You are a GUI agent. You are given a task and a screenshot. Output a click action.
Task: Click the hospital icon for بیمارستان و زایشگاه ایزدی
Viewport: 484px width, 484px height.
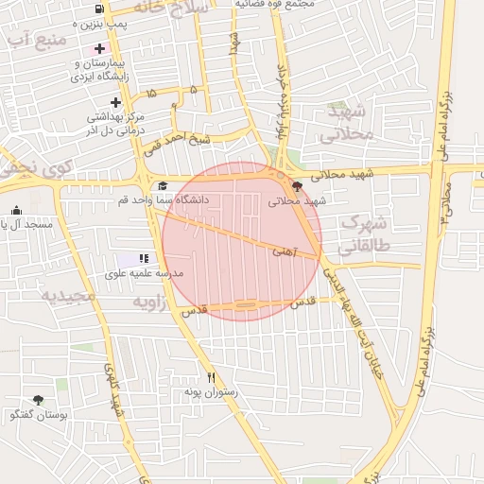tap(99, 48)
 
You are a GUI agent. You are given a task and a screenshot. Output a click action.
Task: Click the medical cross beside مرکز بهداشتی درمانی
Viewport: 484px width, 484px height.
tap(115, 102)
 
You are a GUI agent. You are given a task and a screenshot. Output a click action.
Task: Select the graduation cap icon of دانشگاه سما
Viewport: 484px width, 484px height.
tap(163, 186)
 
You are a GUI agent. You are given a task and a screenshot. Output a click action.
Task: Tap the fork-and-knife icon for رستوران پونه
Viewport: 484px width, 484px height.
tap(211, 377)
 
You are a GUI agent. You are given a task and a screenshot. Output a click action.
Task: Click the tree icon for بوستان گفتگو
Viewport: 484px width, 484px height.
tap(38, 400)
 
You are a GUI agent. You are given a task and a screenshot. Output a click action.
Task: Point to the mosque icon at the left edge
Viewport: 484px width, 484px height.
tap(15, 211)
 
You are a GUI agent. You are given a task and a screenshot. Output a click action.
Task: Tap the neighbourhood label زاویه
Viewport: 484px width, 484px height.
tap(148, 302)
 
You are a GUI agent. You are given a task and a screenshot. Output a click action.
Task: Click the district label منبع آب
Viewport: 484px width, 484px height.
tap(35, 41)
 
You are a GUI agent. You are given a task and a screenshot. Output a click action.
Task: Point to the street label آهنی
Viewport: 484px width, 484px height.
tap(284, 251)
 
